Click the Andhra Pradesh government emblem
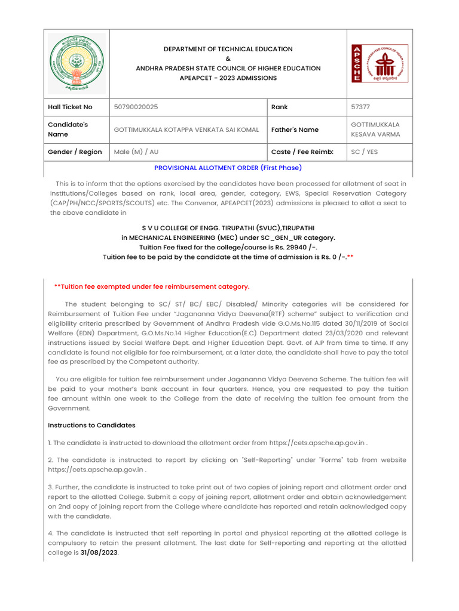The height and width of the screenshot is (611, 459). [76, 63]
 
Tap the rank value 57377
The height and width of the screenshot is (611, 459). [360, 107]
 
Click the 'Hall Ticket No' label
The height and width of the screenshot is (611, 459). [70, 107]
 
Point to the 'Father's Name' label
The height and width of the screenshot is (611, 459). [295, 129]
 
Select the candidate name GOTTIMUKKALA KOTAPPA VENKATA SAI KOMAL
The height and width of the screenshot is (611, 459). [186, 129]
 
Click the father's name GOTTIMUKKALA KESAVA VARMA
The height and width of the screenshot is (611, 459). [375, 129]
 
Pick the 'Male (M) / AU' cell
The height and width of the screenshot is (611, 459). [136, 152]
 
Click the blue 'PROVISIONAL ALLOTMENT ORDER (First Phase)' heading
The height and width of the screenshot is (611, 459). [228, 168]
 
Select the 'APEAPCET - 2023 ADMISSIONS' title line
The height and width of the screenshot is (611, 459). [228, 78]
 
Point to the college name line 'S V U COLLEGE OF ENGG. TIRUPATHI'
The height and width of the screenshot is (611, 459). [228, 228]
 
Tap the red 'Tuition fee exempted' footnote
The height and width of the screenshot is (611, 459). [152, 286]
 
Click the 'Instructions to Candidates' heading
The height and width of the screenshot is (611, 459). [91, 425]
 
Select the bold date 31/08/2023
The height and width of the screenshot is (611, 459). [99, 553]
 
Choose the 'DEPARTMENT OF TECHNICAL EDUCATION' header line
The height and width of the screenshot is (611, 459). [228, 49]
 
